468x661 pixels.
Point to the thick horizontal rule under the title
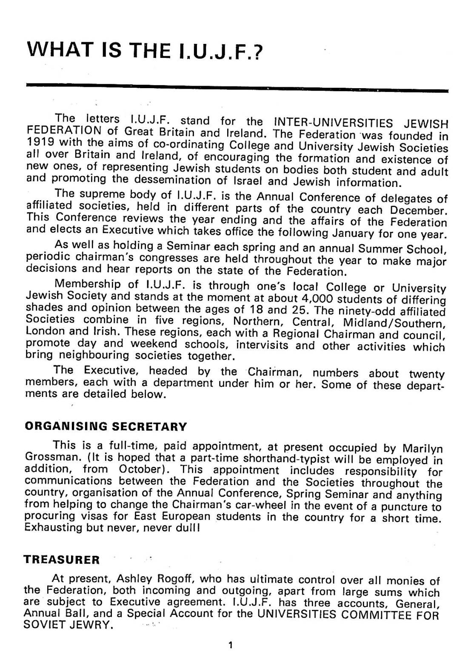(x=237, y=88)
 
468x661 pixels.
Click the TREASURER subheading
(x=61, y=560)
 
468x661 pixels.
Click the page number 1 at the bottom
(x=230, y=645)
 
